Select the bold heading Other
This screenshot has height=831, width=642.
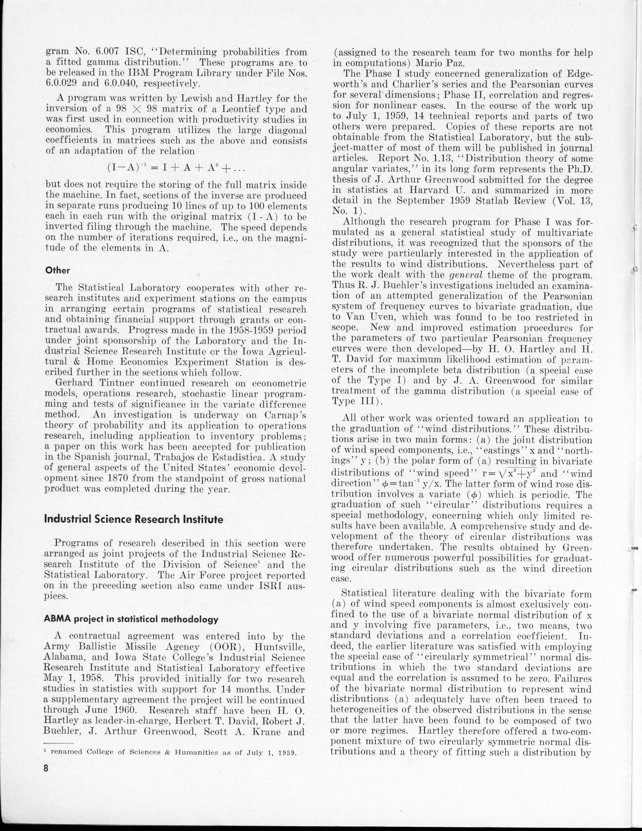click(57, 270)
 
